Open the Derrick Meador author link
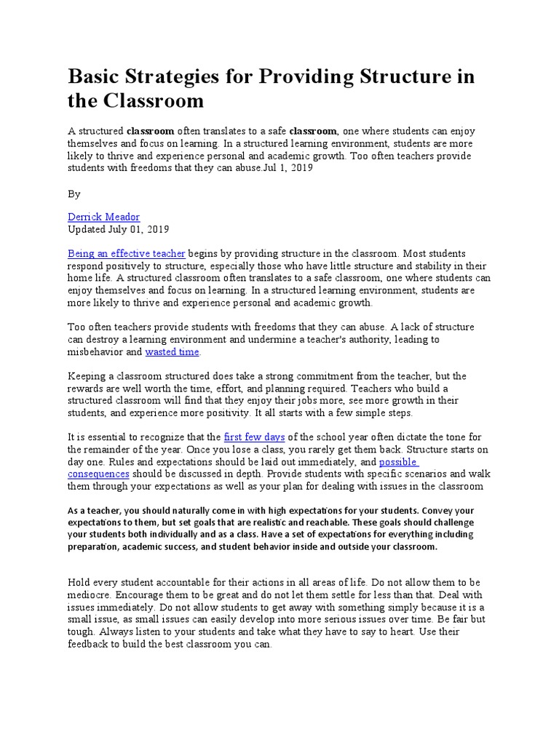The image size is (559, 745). point(103,217)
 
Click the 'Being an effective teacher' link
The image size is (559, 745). point(127,253)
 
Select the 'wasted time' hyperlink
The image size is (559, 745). point(172,351)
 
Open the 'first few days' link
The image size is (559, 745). point(255,437)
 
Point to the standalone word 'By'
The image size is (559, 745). point(74,194)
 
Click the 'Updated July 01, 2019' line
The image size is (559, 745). point(118,229)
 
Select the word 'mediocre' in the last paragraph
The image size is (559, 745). point(91,594)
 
